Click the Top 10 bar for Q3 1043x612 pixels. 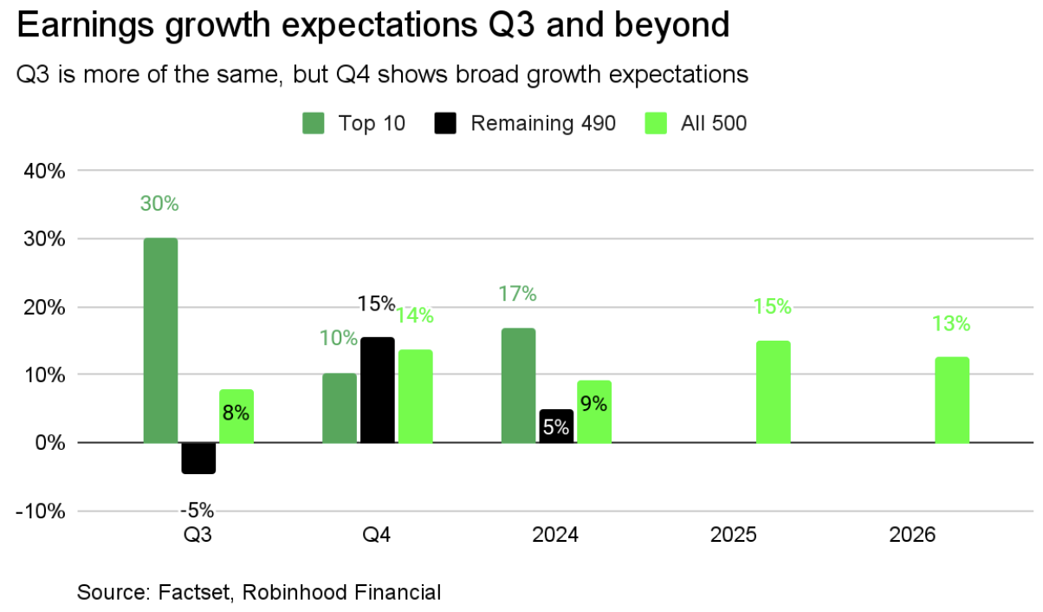pos(160,340)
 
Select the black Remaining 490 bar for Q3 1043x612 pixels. pos(198,458)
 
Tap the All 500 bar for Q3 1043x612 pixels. pos(236,416)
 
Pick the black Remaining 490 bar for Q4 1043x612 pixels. pos(377,390)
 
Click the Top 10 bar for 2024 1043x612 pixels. pos(518,385)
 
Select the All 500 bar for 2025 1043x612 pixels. pos(773,392)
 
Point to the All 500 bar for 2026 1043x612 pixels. pos(952,400)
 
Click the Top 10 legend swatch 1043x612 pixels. pos(314,124)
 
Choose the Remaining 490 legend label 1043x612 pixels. pos(543,124)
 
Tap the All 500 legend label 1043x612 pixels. pos(714,124)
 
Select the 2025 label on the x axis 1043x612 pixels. pos(734,536)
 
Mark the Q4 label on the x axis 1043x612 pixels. pos(377,536)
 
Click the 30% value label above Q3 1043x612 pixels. pos(159,205)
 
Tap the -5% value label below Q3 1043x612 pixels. pos(198,510)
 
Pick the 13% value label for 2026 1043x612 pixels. pos(951,324)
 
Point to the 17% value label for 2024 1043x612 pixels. pos(518,294)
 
